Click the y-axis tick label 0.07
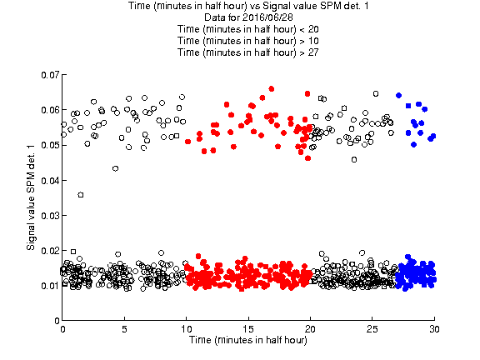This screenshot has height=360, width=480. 50,75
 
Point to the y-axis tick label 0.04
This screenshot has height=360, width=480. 50,180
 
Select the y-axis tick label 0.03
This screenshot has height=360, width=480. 50,216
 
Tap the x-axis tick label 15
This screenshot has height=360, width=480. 248,329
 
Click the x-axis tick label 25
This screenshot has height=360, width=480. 372,329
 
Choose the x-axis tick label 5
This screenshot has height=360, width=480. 124,329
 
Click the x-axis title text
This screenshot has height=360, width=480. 248,340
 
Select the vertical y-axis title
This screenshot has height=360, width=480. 31,197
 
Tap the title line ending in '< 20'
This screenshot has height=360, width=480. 248,29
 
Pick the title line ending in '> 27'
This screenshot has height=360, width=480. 248,52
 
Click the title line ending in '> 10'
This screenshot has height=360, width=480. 248,41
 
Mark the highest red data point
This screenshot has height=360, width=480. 271,89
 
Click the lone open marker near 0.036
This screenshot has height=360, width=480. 81,195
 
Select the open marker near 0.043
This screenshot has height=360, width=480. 115,168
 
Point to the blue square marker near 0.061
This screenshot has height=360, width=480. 408,106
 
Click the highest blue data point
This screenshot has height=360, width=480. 398,95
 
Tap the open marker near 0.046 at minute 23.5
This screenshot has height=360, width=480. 354,159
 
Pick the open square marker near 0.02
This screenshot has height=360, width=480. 73,252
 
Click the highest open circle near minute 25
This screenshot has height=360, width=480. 376,93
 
